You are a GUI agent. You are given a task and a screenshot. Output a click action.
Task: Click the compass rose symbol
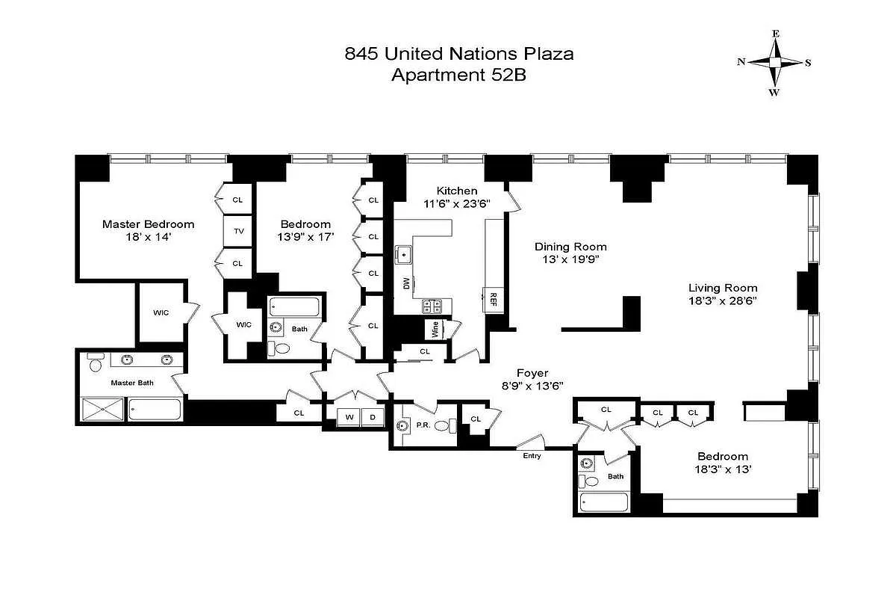[x=775, y=63]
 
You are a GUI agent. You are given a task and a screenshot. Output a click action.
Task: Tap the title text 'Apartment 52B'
[x=459, y=75]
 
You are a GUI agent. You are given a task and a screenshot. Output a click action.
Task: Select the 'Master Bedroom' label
[x=148, y=224]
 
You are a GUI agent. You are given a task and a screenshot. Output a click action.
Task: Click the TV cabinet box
[x=239, y=231]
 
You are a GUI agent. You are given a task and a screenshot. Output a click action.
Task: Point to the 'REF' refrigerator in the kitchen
[x=494, y=298]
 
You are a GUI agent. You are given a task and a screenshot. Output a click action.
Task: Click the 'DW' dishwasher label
[x=405, y=284]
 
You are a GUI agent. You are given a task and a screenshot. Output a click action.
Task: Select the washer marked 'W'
[x=349, y=417]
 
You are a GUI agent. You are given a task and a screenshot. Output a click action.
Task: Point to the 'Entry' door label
[x=532, y=455]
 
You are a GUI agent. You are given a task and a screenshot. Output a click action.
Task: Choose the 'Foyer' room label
[x=532, y=372]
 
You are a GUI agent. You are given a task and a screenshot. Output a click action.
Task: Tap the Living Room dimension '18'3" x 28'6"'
[x=723, y=300]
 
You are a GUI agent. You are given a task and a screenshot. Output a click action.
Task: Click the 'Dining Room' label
[x=570, y=247]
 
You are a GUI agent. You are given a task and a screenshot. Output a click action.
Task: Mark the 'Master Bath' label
[x=132, y=383]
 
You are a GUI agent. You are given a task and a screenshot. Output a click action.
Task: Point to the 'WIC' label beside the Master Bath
[x=161, y=312]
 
